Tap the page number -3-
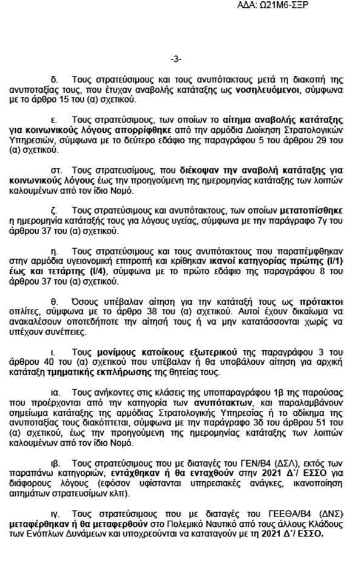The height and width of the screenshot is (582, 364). pyautogui.click(x=175, y=59)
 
